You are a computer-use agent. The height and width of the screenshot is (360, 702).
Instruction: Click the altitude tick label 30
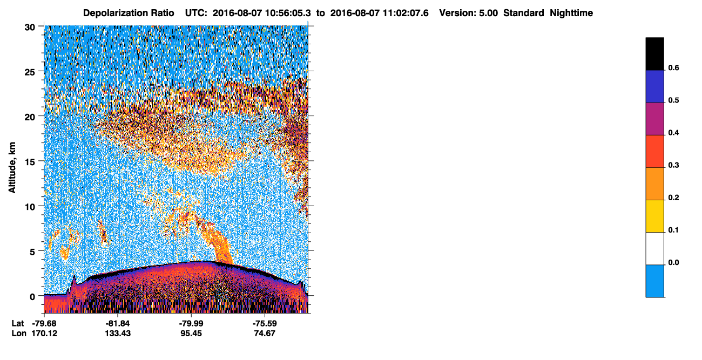(30, 28)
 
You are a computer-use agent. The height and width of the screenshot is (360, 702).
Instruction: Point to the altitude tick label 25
(30, 72)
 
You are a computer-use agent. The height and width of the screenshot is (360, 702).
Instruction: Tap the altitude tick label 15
(30, 162)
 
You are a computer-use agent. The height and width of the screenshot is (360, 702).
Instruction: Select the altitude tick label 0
(32, 297)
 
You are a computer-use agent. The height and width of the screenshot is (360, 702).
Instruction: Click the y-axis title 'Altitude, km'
(12, 167)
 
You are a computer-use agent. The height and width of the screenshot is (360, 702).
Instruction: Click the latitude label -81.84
(118, 323)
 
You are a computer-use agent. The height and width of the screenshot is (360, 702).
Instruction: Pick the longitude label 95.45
(191, 334)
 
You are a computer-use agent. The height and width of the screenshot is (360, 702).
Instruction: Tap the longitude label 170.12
(44, 334)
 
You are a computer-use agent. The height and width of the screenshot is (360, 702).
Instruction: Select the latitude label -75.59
(265, 323)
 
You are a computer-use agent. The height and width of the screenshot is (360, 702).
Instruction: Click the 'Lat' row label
(18, 323)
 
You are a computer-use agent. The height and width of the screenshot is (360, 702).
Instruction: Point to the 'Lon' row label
(19, 334)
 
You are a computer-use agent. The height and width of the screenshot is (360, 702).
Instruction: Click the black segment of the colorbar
(654, 54)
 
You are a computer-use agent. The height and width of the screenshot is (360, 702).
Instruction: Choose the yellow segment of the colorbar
(654, 216)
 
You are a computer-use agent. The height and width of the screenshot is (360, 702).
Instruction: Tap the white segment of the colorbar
(654, 248)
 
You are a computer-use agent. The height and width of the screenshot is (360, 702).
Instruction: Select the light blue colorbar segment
(654, 281)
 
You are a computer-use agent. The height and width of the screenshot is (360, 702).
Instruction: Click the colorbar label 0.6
(673, 67)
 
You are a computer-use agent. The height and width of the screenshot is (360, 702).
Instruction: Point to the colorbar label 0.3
(673, 165)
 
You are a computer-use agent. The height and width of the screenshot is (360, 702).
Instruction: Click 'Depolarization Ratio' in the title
(129, 13)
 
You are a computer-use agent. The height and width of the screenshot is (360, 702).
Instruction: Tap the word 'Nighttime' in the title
(571, 13)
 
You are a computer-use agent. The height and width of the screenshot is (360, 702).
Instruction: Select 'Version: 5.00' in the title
(469, 13)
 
